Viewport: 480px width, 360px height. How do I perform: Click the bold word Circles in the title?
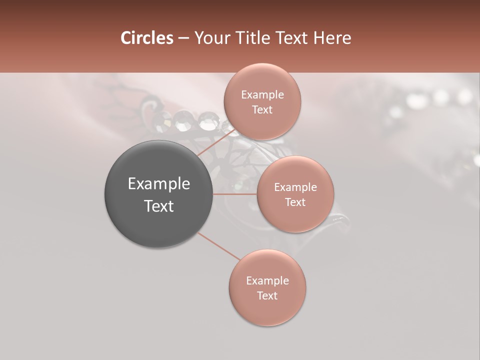(146, 38)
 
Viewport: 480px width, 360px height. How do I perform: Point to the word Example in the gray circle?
(159, 184)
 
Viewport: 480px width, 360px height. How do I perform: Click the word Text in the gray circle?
(159, 206)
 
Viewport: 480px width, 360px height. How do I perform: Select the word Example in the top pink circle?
(262, 95)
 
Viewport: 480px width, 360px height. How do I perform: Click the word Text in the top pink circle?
(262, 110)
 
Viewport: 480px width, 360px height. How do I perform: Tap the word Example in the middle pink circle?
(295, 187)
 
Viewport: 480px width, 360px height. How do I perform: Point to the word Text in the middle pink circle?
(295, 202)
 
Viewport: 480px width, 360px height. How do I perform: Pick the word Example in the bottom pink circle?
(267, 281)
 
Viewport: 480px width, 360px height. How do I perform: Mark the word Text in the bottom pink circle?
(267, 296)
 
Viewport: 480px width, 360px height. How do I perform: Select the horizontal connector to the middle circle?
(235, 193)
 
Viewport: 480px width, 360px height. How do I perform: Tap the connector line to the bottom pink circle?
(218, 246)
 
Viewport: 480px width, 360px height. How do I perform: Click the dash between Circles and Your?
(183, 38)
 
